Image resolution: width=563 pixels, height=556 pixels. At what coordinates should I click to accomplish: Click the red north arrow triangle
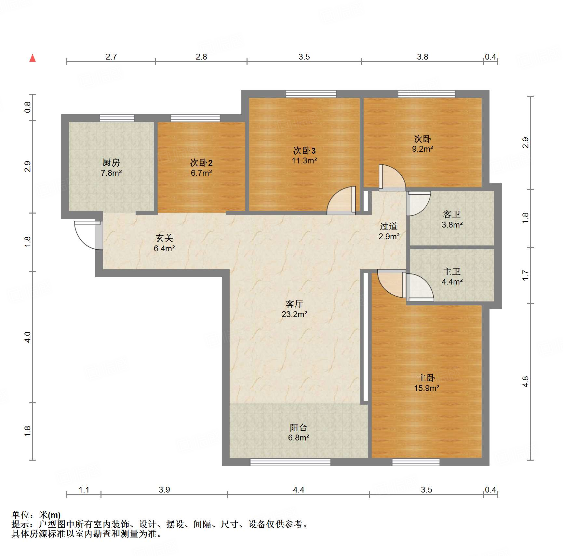[x=33, y=58]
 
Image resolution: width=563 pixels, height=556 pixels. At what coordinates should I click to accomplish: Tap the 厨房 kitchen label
[x=111, y=162]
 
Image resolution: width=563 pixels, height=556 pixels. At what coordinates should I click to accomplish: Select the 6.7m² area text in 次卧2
[x=201, y=173]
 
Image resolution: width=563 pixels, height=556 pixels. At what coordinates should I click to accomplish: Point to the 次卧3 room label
[x=304, y=150]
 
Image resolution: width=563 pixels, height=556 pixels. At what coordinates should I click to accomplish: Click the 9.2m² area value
[x=422, y=149]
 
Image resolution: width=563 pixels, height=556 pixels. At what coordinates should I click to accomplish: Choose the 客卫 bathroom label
[x=452, y=214]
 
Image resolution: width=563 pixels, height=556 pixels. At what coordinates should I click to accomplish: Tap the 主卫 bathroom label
[x=452, y=271]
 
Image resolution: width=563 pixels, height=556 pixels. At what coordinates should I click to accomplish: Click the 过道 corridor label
[x=389, y=226]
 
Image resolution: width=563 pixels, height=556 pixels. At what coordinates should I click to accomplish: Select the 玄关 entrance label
[x=164, y=238]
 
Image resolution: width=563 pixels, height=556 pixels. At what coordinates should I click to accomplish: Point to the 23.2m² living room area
[x=294, y=314]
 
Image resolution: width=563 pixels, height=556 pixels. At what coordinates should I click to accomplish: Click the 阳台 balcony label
[x=299, y=427]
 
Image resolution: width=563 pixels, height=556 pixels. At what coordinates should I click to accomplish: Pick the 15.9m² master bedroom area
[x=426, y=388]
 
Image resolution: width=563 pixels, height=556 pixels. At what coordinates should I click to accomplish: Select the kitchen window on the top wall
[x=117, y=118]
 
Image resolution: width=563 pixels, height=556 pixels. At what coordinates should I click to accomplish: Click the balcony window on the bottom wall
[x=290, y=462]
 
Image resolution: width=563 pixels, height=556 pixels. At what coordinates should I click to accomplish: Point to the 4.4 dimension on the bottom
[x=299, y=490]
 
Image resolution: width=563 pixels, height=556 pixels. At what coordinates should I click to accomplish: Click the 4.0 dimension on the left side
[x=28, y=337]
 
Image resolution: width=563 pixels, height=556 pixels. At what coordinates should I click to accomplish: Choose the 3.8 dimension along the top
[x=422, y=57]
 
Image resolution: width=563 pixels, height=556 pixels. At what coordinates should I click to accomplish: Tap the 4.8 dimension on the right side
[x=525, y=382]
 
